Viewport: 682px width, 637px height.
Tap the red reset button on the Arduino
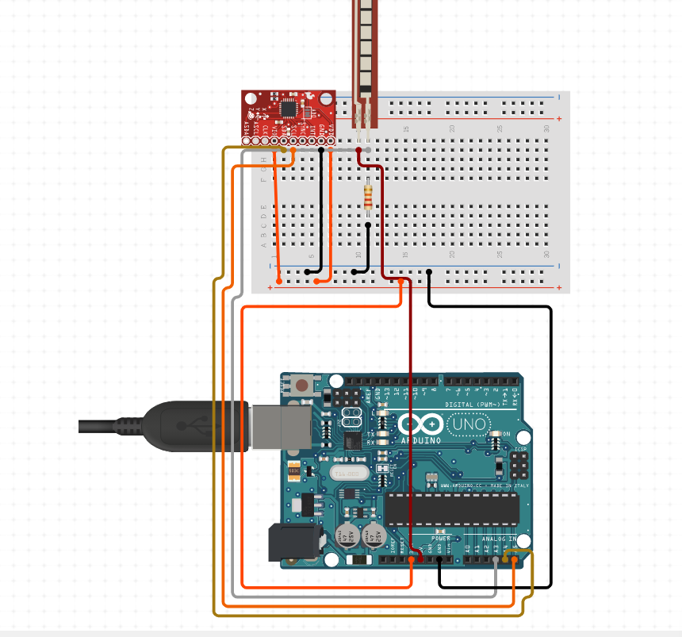(302, 387)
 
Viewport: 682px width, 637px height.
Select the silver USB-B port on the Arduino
(282, 426)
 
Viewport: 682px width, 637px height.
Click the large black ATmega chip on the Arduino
(452, 508)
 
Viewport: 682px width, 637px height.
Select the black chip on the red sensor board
(289, 108)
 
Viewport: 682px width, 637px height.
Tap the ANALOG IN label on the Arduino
(498, 539)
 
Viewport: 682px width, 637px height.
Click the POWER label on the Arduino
(440, 538)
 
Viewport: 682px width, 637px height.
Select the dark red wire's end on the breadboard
(358, 149)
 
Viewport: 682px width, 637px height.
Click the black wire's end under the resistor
(368, 225)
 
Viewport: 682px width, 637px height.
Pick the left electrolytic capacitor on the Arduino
(346, 535)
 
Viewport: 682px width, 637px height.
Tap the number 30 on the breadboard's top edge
(546, 128)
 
